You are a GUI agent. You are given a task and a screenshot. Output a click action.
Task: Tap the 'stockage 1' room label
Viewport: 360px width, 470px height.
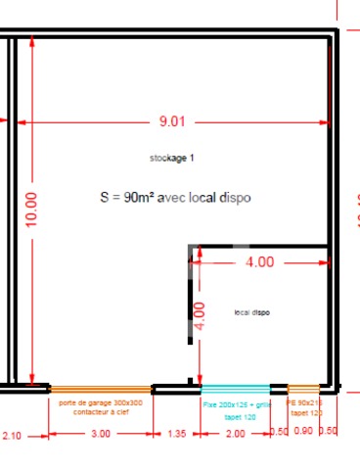pyautogui.click(x=172, y=158)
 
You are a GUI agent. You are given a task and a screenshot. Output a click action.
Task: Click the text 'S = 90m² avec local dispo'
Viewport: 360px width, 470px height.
pyautogui.click(x=175, y=197)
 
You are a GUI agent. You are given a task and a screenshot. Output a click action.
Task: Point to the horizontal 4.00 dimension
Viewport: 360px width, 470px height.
pyautogui.click(x=259, y=261)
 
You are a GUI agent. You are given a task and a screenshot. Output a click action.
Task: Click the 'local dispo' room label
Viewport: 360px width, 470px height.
pyautogui.click(x=251, y=312)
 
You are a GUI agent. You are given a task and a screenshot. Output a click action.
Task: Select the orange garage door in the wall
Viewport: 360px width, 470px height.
pyautogui.click(x=99, y=388)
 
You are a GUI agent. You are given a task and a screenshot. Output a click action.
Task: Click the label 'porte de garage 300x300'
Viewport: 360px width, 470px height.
pyautogui.click(x=101, y=402)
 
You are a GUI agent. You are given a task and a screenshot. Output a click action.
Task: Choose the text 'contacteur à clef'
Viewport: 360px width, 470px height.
pyautogui.click(x=101, y=413)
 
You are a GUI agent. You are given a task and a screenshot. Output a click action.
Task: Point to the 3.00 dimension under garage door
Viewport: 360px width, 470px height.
pyautogui.click(x=101, y=434)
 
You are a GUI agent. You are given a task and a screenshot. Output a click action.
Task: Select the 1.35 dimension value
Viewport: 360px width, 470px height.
pyautogui.click(x=177, y=434)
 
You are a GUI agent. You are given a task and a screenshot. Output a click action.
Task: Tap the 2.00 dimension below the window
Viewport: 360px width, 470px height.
pyautogui.click(x=237, y=434)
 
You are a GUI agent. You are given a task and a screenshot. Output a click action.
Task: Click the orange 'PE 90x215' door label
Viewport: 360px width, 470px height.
pyautogui.click(x=303, y=402)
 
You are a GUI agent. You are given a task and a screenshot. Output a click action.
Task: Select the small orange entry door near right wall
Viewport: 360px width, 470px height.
pyautogui.click(x=303, y=388)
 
